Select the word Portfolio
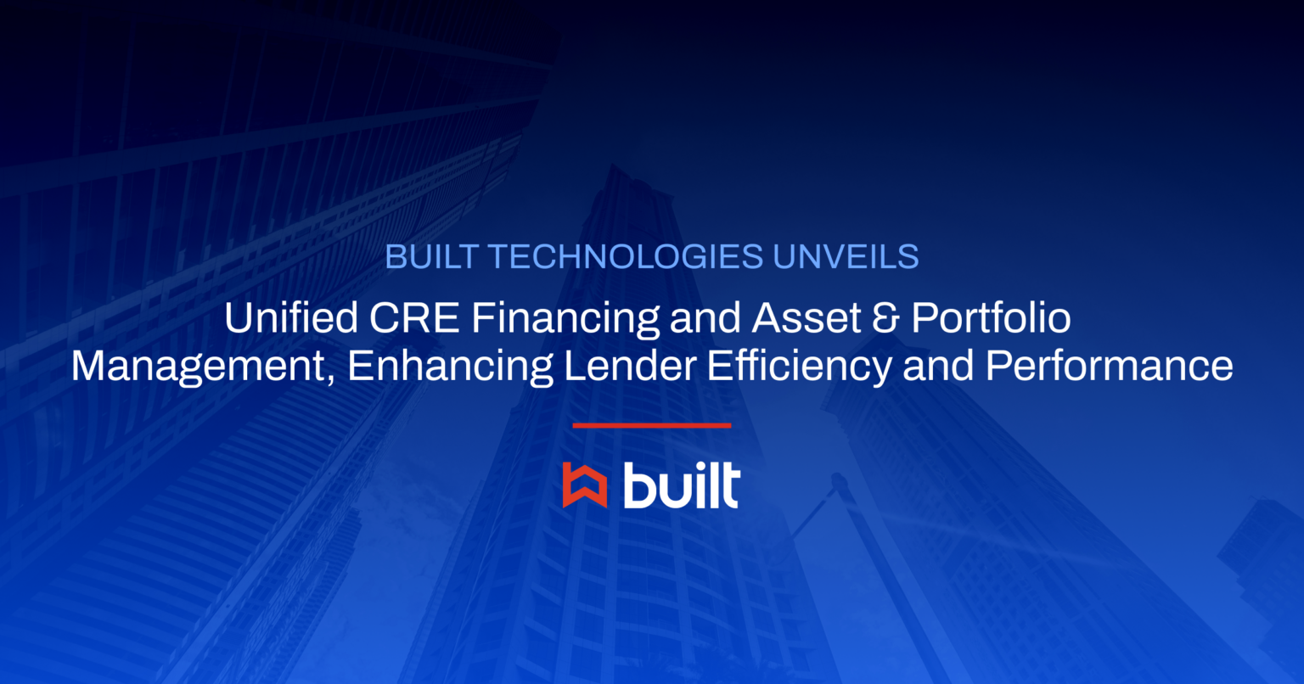(991, 318)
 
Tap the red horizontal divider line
(651, 425)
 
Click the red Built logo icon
(584, 486)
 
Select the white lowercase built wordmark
(681, 485)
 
